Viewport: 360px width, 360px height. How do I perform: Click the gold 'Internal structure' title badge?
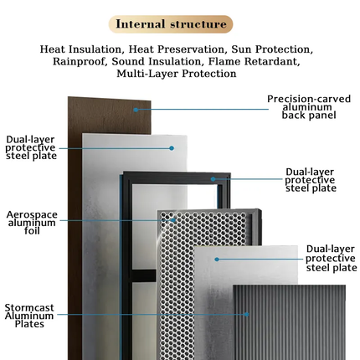(x=171, y=24)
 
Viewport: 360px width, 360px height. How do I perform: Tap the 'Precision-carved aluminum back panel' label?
(x=309, y=107)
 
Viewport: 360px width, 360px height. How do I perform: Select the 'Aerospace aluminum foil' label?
(x=32, y=223)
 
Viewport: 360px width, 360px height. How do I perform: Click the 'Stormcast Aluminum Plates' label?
(x=29, y=316)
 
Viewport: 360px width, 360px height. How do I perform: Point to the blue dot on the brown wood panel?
(x=136, y=110)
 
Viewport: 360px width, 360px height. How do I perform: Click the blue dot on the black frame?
(x=213, y=179)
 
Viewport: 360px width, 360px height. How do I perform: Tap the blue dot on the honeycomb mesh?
(x=173, y=220)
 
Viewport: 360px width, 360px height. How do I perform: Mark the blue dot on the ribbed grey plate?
(x=247, y=314)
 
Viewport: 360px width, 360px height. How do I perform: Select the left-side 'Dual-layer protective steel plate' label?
(x=31, y=147)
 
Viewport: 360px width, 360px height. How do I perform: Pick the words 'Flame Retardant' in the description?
(x=254, y=61)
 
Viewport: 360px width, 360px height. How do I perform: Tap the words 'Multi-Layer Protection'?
(x=177, y=74)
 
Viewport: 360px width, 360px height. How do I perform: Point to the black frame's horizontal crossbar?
(x=143, y=275)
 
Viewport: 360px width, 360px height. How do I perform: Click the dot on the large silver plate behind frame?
(x=172, y=148)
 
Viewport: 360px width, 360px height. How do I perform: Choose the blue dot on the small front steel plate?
(x=217, y=260)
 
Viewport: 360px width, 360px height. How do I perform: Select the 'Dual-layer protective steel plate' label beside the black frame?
(x=311, y=180)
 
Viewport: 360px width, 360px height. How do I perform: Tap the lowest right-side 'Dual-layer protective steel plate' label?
(x=332, y=259)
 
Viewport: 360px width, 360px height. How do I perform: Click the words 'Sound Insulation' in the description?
(x=157, y=61)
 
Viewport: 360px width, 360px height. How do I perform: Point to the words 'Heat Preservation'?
(x=177, y=49)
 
